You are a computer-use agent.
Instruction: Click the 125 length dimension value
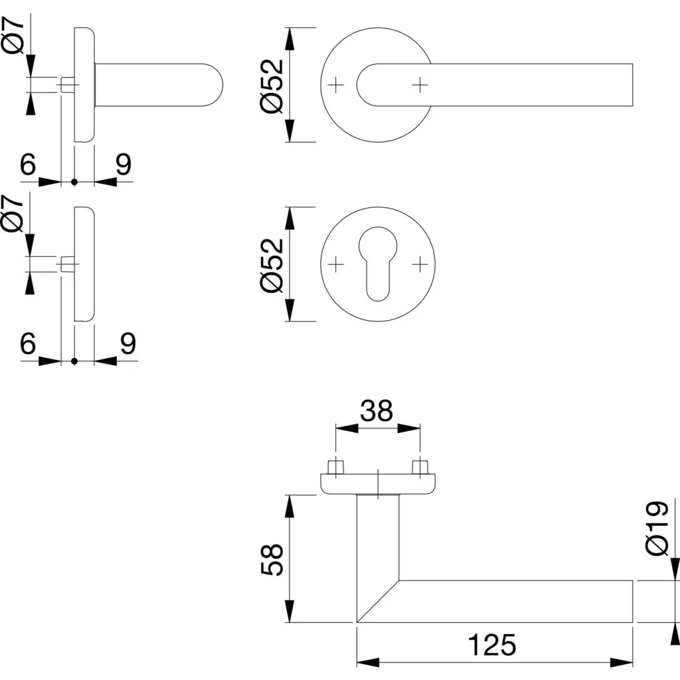492,644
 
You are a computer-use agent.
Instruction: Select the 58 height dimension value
273,560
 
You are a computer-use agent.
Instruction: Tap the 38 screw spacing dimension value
377,412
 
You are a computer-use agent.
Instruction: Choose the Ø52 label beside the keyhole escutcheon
273,264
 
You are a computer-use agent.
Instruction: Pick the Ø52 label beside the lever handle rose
273,85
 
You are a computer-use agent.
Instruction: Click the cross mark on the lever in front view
419,84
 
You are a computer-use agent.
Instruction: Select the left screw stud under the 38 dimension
337,466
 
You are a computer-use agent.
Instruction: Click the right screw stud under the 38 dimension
419,466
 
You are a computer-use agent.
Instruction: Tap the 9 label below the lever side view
124,165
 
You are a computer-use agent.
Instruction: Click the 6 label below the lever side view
27,165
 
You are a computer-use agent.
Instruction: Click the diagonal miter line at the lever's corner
378,601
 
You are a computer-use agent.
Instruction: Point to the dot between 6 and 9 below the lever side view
74,181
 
